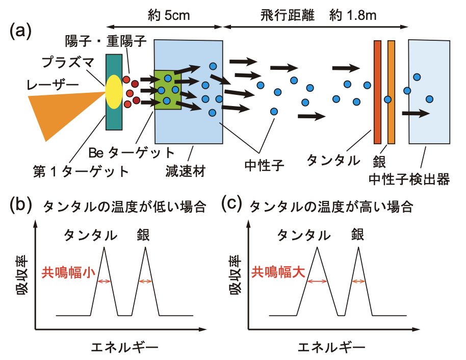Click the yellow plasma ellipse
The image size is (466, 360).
pyautogui.click(x=114, y=91)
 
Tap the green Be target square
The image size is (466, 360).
pyautogui.click(x=168, y=90)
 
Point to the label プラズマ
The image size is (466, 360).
pyautogui.click(x=67, y=62)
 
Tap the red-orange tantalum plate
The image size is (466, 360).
pyautogui.click(x=377, y=92)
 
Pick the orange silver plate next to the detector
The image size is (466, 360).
pyautogui.click(x=391, y=92)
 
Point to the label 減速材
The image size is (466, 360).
pyautogui.click(x=185, y=169)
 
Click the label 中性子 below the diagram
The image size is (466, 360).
pyautogui.click(x=263, y=164)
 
